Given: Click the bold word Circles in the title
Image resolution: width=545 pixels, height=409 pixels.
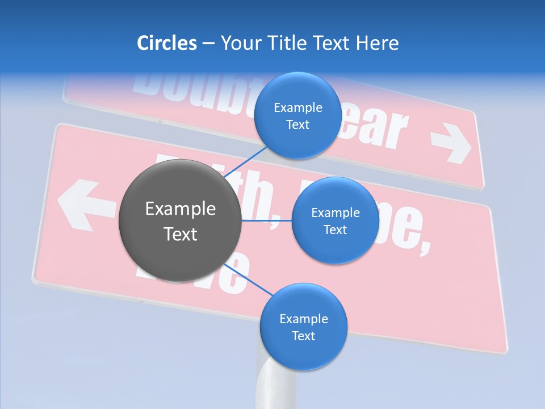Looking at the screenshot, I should coord(166,43).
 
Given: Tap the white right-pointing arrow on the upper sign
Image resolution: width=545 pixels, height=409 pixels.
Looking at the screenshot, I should coord(451,147).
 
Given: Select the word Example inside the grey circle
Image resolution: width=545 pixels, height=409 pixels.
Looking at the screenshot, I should coord(181,209).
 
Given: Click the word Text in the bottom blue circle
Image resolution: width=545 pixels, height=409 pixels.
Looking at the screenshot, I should coord(303,336).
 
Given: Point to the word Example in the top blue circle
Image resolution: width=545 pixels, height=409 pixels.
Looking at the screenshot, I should coord(297,107).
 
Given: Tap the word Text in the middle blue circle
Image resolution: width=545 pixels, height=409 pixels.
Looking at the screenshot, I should coord(335,230).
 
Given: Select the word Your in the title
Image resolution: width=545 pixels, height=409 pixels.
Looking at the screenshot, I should coord(238,43).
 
